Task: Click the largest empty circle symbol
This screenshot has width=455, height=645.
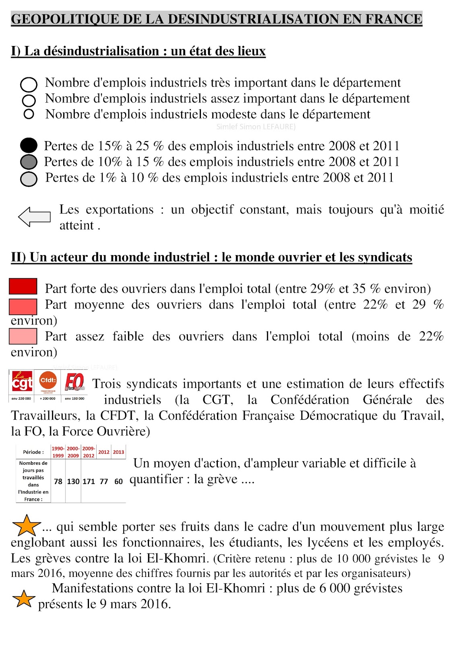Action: [29, 85]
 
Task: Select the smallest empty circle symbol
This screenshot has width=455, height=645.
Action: [29, 114]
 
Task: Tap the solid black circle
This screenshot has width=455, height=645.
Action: [29, 146]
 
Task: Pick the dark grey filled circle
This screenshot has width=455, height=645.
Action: [29, 162]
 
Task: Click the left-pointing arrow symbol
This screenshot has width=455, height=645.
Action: [34, 217]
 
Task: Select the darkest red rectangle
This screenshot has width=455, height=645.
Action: [23, 286]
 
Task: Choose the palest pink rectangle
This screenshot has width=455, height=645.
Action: [23, 336]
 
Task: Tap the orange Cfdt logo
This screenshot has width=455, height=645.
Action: [48, 381]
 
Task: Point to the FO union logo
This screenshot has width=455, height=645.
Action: [75, 382]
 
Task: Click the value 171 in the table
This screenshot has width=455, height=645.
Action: [89, 481]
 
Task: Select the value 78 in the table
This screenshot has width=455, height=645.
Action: [58, 481]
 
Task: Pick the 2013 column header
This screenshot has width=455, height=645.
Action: [118, 452]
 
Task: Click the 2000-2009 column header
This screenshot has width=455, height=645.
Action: [73, 452]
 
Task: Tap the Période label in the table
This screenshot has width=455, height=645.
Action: [33, 452]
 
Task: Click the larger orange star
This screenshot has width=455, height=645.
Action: [27, 525]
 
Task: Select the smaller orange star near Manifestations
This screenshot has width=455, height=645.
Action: [24, 599]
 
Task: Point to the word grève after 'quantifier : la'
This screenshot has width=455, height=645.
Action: [221, 479]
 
